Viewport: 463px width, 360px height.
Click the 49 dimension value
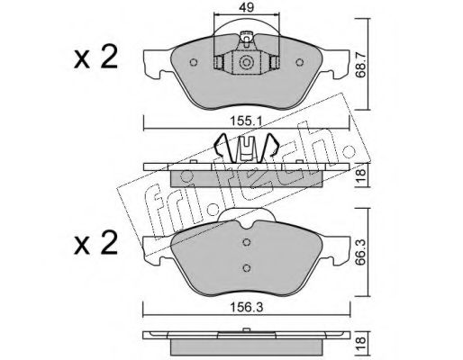point(247,7)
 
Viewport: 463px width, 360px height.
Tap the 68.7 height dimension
point(360,65)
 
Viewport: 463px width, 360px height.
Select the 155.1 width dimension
point(246,121)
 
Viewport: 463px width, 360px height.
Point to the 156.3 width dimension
point(246,307)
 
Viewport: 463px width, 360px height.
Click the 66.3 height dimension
point(360,251)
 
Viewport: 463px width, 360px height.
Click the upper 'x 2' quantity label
point(95,58)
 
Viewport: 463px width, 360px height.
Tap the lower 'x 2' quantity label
point(95,243)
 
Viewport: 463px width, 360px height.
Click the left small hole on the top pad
point(194,62)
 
